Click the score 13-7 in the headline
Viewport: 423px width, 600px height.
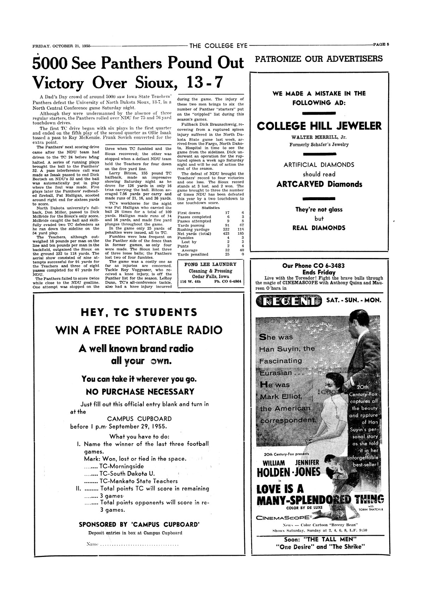click(204, 82)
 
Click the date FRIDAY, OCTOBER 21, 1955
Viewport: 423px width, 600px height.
click(61, 46)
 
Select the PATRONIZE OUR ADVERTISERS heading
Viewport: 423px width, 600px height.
click(319, 59)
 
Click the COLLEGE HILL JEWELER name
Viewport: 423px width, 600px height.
click(319, 126)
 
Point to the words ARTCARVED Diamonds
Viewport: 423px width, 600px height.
click(319, 184)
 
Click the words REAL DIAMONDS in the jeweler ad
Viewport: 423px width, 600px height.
click(319, 228)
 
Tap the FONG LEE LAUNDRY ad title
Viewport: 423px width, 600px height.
click(210, 264)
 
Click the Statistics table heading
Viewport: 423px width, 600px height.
click(210, 208)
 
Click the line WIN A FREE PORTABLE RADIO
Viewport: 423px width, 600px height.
click(139, 330)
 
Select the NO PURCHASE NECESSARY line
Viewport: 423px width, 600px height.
click(140, 392)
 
